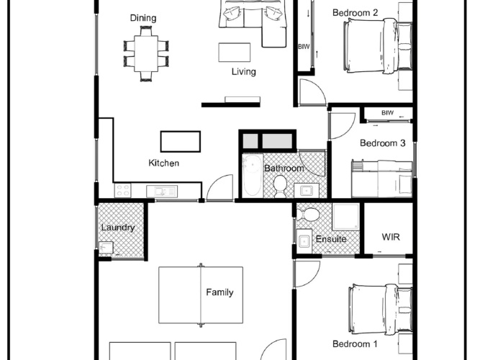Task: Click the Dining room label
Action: (143, 18)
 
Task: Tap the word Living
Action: (244, 72)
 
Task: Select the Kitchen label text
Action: (164, 163)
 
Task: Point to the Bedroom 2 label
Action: (355, 13)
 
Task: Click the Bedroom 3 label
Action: (383, 143)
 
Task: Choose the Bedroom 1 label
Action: (355, 343)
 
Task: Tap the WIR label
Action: (391, 237)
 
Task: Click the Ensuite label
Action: (331, 239)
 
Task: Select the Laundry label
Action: (118, 228)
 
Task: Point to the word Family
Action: (219, 292)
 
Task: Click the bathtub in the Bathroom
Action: (253, 175)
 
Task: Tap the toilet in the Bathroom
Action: (280, 186)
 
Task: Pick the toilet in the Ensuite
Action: (308, 214)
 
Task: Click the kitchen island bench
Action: (181, 142)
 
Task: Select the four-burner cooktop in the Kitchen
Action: (123, 190)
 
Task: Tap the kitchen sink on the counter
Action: (162, 192)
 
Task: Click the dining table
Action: (146, 53)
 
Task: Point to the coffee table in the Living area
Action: (235, 53)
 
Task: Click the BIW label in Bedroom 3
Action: (387, 113)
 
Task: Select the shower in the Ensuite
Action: (346, 217)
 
